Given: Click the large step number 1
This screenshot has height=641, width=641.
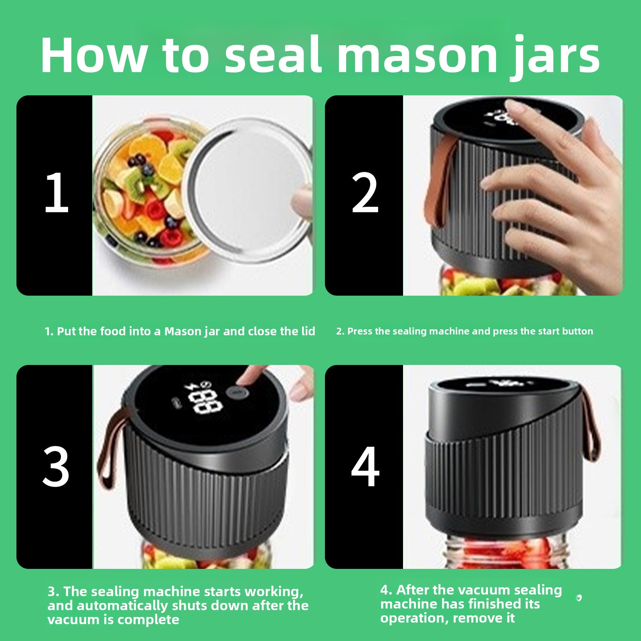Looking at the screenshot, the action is coord(56,193).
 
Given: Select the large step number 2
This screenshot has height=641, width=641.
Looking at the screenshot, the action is coord(365,193).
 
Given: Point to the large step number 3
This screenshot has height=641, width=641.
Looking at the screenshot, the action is coord(56,467).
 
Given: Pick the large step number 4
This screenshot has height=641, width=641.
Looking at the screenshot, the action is coord(365,467).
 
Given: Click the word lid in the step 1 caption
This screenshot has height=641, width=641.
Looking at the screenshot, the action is coord(308,331).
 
